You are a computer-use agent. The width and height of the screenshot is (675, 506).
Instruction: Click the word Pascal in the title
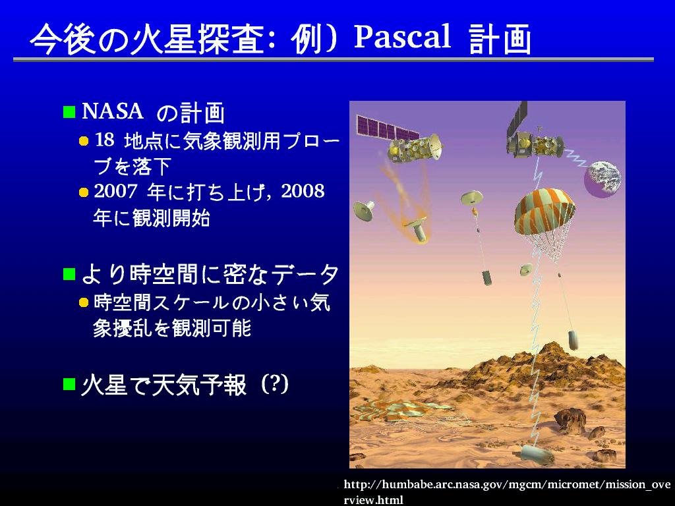pyautogui.click(x=403, y=36)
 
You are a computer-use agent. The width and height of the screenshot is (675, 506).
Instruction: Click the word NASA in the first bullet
pyautogui.click(x=112, y=111)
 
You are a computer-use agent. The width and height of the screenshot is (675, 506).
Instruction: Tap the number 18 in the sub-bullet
pyautogui.click(x=104, y=140)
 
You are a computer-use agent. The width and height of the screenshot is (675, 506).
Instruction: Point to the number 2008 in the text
pyautogui.click(x=303, y=191)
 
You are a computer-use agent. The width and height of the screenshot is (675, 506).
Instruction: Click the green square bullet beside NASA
pyautogui.click(x=69, y=112)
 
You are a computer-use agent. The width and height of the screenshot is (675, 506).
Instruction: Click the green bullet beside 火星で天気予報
pyautogui.click(x=69, y=384)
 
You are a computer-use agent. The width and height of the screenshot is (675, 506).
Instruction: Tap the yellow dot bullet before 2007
pyautogui.click(x=84, y=192)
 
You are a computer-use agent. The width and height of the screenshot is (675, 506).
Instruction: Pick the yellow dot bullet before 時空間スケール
pyautogui.click(x=84, y=303)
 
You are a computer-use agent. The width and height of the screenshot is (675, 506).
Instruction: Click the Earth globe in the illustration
pyautogui.click(x=602, y=179)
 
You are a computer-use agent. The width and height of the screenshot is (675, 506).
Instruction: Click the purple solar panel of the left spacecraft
pyautogui.click(x=387, y=128)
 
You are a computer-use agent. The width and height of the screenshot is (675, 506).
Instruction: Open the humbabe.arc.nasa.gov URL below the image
pyautogui.click(x=507, y=492)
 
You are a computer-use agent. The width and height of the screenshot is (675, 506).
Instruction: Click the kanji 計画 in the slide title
pyautogui.click(x=500, y=39)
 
